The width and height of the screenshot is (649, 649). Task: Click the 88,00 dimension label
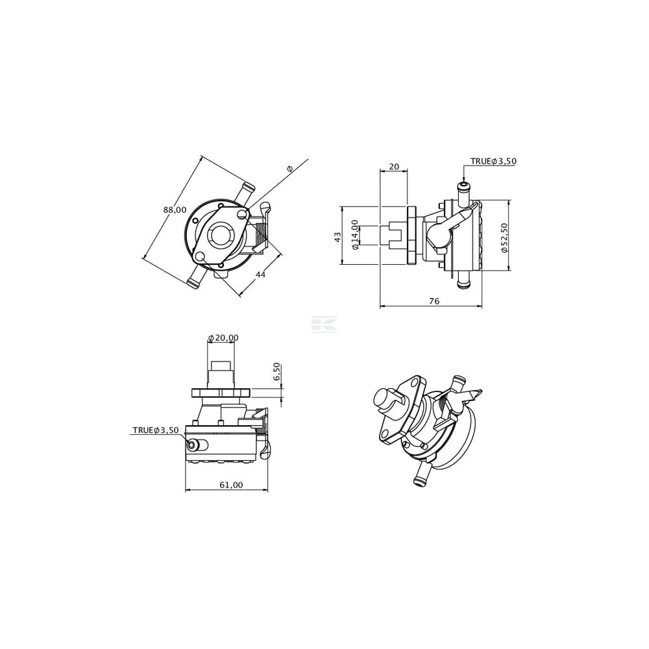[175, 210]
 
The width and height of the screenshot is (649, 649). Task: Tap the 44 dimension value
[260, 275]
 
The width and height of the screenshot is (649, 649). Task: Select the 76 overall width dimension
[434, 301]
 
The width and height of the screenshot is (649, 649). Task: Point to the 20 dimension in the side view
[394, 166]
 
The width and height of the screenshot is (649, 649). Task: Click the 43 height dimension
[337, 237]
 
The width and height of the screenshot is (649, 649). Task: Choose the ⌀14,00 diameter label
[355, 235]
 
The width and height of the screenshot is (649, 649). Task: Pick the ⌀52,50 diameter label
[504, 238]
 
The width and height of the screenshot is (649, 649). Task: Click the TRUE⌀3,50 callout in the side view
[493, 161]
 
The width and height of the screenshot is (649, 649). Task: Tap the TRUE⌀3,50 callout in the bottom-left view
[156, 430]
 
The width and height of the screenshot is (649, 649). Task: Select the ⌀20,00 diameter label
[223, 337]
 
